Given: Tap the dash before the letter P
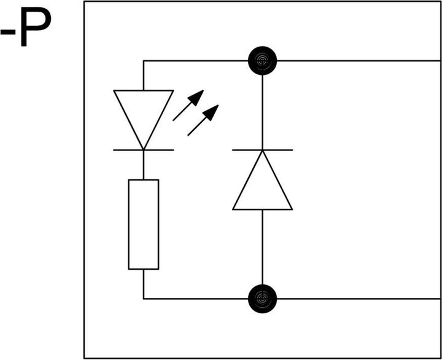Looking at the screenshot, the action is [7, 32].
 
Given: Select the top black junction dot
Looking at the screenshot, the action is [263, 61].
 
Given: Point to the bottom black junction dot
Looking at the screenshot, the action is [263, 299].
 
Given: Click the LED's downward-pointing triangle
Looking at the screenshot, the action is [144, 113].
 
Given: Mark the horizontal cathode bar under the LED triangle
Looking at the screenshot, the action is [144, 150].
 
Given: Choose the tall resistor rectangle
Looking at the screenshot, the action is [144, 224].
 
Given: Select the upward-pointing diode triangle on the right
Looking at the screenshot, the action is [263, 186].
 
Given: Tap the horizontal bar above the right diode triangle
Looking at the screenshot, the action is [263, 150].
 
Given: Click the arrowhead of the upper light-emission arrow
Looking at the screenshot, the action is [196, 97].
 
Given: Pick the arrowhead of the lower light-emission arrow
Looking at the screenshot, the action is [211, 112].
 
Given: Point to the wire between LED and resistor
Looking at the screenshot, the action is [144, 165].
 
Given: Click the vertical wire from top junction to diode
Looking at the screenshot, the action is [263, 112].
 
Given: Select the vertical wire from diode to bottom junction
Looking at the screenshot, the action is [263, 248].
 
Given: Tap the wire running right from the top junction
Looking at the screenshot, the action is [359, 61].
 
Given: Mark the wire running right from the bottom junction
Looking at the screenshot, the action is [359, 299].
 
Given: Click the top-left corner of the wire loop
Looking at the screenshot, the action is [144, 61].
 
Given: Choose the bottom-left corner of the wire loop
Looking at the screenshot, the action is [144, 299].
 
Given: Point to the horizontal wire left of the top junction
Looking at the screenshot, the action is [196, 61].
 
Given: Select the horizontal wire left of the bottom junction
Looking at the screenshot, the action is [196, 299].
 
